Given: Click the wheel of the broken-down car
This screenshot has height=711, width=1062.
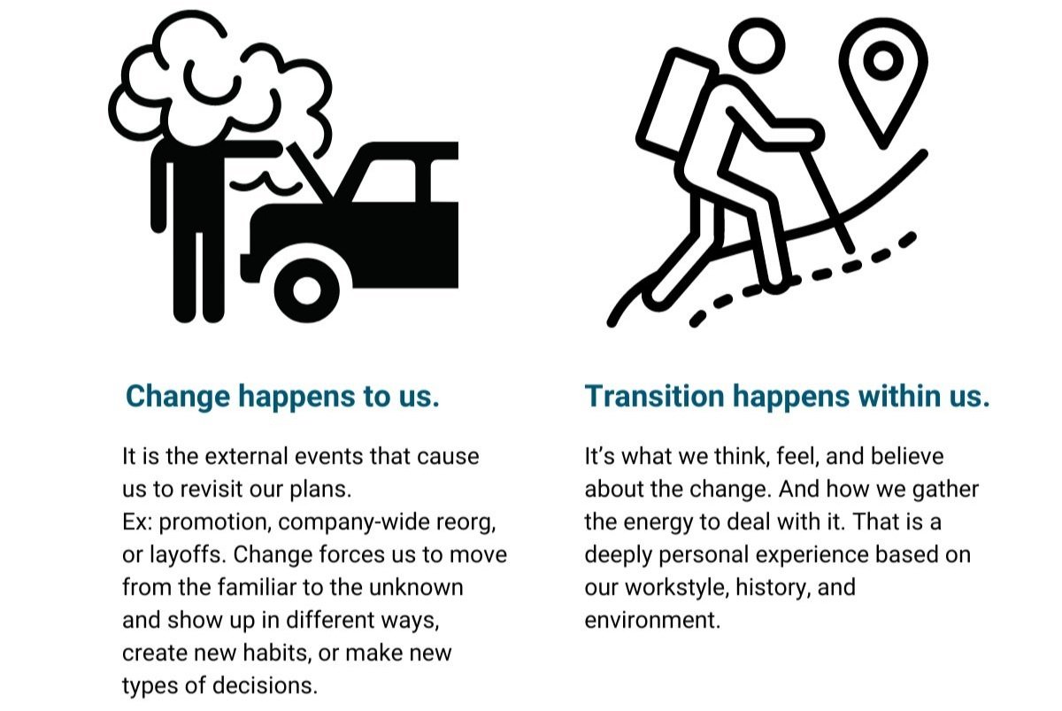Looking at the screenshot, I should pyautogui.click(x=306, y=289).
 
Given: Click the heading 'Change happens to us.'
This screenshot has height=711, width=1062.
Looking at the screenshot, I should pyautogui.click(x=282, y=397).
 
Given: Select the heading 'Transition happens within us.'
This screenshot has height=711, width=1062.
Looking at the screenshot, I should pyautogui.click(x=787, y=397).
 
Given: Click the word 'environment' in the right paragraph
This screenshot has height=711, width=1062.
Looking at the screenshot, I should pyautogui.click(x=651, y=620).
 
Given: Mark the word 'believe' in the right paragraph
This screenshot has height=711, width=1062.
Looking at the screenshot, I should pyautogui.click(x=902, y=457).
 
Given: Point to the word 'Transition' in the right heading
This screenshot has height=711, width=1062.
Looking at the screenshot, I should pyautogui.click(x=653, y=397).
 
